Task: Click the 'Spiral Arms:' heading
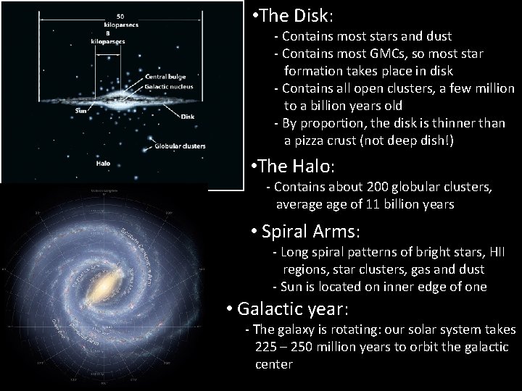click(x=304, y=232)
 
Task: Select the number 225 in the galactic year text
click(x=266, y=348)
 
